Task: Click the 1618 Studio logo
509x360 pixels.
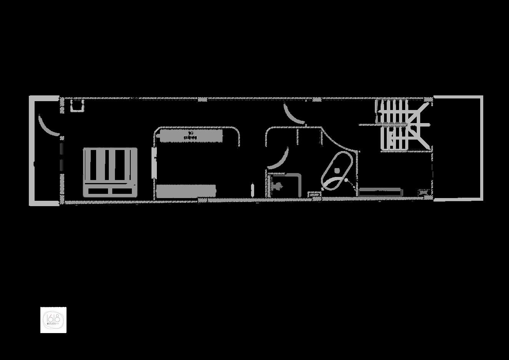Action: click(x=53, y=320)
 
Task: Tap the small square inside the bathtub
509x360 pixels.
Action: click(x=337, y=170)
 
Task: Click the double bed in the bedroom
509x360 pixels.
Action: click(x=110, y=172)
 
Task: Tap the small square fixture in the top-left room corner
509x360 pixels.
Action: click(x=77, y=105)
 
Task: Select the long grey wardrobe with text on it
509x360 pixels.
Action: click(x=191, y=136)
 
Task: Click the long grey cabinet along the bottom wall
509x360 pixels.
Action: click(x=186, y=191)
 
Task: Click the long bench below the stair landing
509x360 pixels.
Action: click(x=380, y=192)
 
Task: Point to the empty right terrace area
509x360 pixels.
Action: click(x=457, y=148)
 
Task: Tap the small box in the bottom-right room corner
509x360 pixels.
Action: click(x=423, y=192)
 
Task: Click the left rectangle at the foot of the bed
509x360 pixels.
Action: click(x=98, y=191)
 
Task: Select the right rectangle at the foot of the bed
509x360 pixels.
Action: click(x=122, y=191)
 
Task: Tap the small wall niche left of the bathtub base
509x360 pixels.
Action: click(x=315, y=195)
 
